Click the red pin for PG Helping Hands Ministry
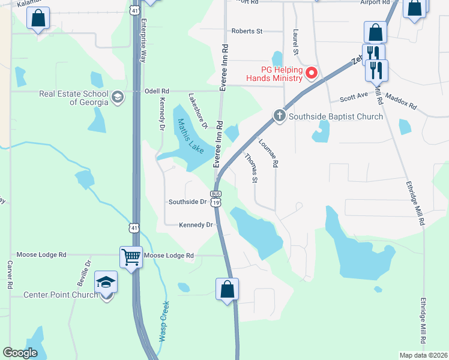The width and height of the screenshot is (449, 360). pyautogui.click(x=312, y=74)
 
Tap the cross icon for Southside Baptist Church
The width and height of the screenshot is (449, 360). pyautogui.click(x=279, y=116)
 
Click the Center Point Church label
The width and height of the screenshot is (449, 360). pyautogui.click(x=60, y=295)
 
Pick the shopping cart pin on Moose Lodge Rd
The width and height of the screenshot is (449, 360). pyautogui.click(x=131, y=257)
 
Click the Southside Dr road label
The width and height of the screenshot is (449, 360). pyautogui.click(x=187, y=202)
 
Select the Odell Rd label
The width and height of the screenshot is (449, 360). pyautogui.click(x=157, y=91)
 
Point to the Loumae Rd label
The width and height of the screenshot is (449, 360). pyautogui.click(x=268, y=153)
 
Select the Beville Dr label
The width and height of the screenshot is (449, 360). pyautogui.click(x=88, y=272)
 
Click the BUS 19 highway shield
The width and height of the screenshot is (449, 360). pyautogui.click(x=215, y=199)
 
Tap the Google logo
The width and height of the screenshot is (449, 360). pyautogui.click(x=20, y=353)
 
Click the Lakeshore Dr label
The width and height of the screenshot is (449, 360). pyautogui.click(x=197, y=111)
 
